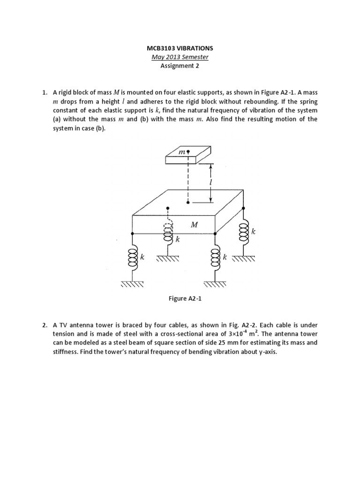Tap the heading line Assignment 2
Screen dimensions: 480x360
[180, 66]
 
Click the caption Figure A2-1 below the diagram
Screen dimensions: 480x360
[180, 299]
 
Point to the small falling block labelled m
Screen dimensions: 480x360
[188, 155]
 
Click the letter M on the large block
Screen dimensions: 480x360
[195, 225]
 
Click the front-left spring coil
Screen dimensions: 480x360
[132, 258]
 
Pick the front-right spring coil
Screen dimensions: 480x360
[216, 257]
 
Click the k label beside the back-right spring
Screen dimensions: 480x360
[254, 232]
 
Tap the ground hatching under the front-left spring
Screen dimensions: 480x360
[132, 285]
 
